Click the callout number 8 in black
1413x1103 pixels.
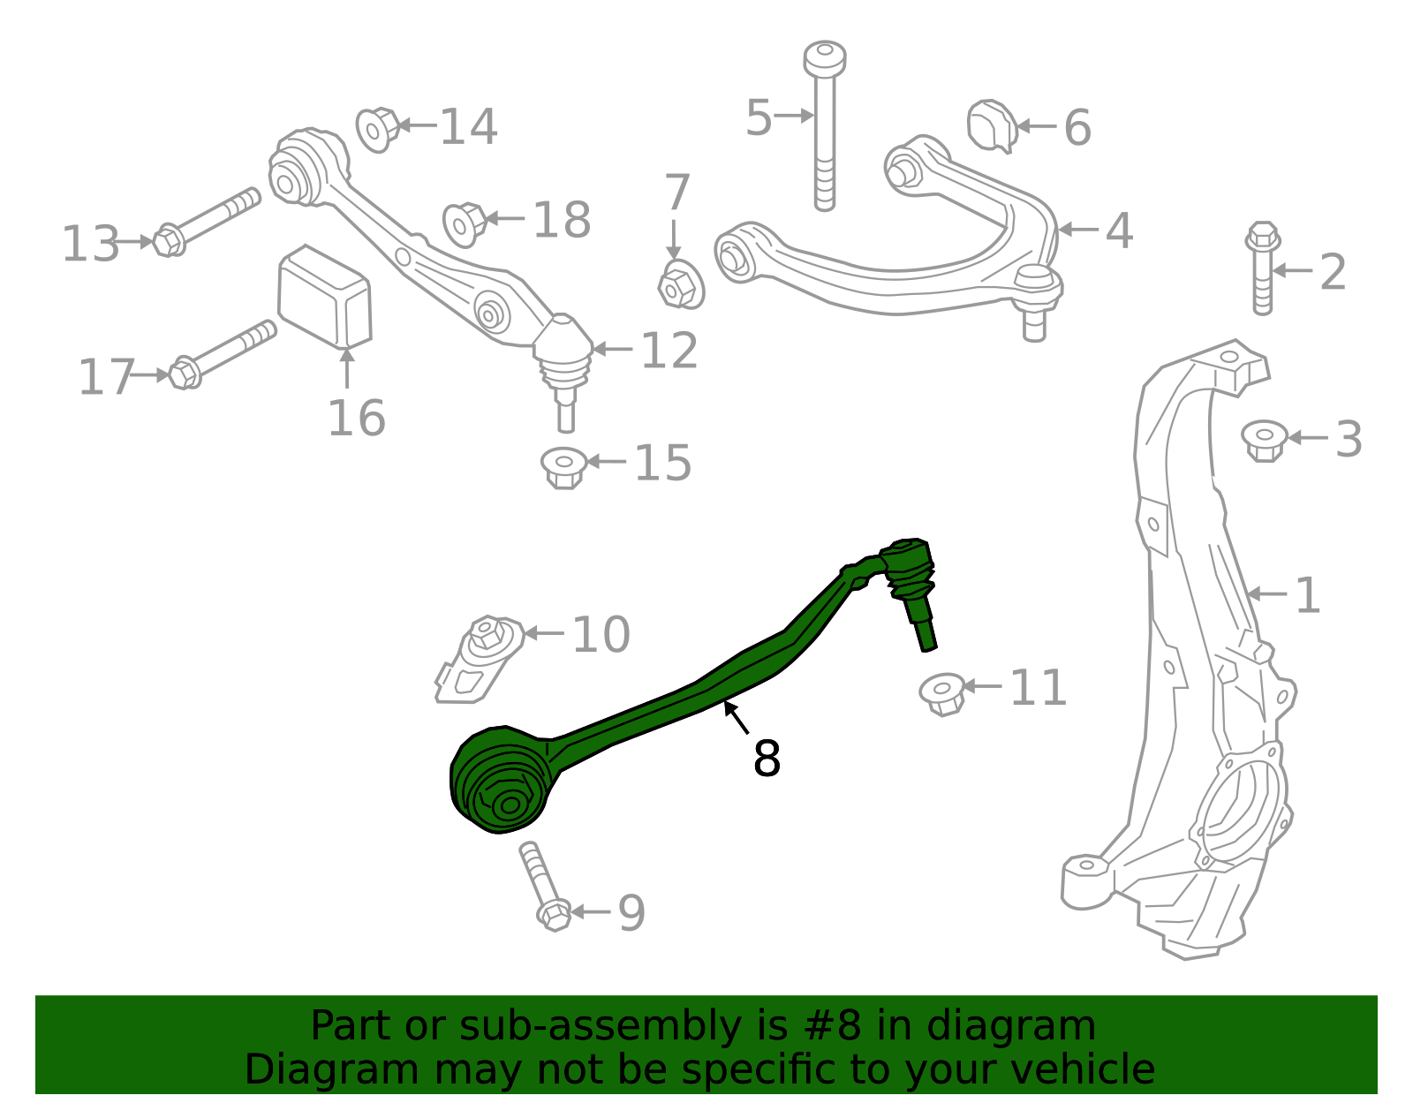(767, 759)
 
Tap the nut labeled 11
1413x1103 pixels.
(941, 693)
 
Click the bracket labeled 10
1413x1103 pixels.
(479, 658)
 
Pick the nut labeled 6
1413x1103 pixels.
(992, 126)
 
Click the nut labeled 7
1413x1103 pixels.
(681, 284)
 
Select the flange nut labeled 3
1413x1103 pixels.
(1263, 439)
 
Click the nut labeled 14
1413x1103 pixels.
(377, 129)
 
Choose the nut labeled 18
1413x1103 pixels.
(465, 223)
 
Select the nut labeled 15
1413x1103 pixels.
(563, 467)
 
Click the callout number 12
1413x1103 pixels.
(669, 351)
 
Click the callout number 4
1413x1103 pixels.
(1119, 230)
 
